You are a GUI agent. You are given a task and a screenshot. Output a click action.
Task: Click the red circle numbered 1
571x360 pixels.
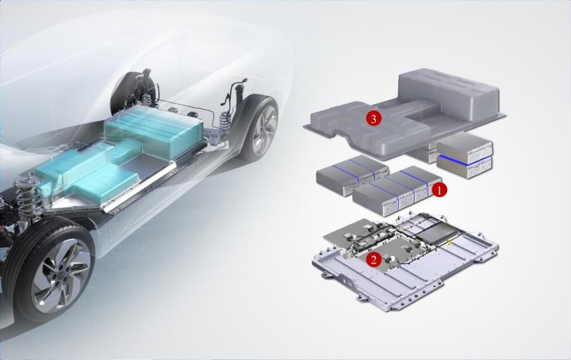439,190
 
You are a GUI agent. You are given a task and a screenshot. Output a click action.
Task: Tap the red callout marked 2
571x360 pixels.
374,260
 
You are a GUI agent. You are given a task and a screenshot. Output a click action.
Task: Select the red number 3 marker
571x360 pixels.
374,119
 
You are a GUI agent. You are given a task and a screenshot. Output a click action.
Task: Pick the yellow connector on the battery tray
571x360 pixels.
449,243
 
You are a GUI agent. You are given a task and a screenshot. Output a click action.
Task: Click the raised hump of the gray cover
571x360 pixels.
449,94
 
